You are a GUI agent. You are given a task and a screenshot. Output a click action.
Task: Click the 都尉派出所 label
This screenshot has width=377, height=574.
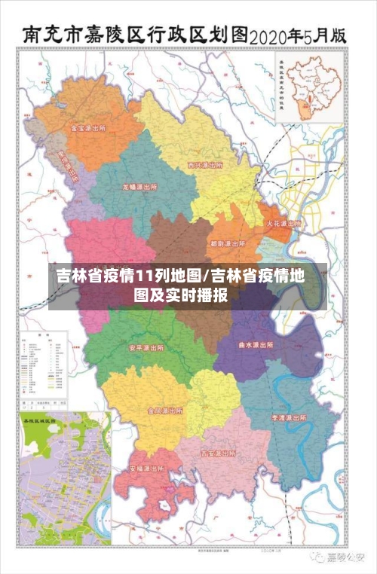click(228, 244)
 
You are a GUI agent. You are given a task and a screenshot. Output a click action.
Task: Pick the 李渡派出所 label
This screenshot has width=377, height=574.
click(290, 417)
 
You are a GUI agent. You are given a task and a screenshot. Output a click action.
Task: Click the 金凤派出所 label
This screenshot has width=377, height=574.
click(165, 411)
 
